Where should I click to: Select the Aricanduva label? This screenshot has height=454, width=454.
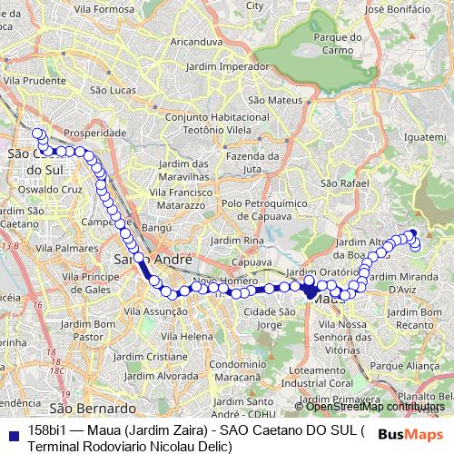[197, 42]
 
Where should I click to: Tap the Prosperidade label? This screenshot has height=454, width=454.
[102, 132]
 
